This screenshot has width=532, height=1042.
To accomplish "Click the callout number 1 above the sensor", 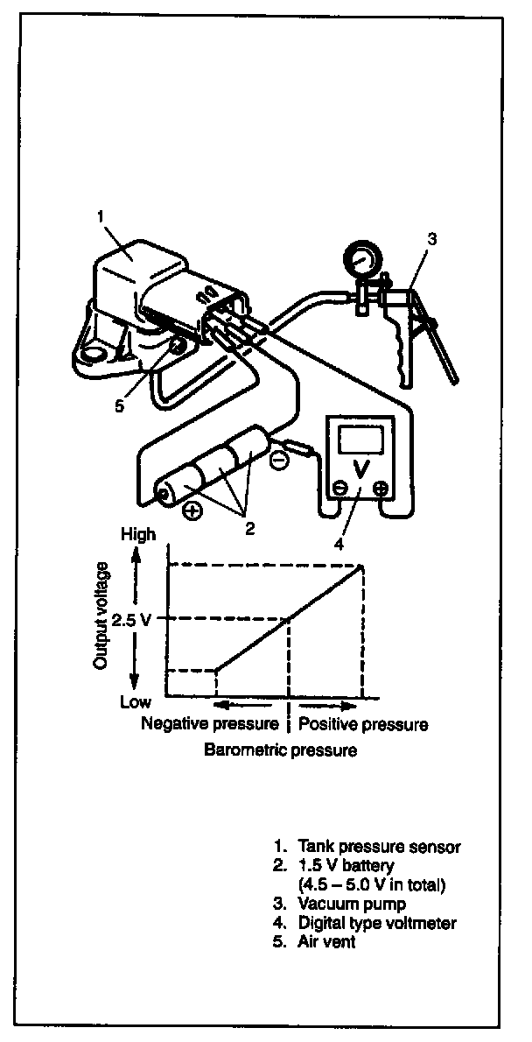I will [101, 215].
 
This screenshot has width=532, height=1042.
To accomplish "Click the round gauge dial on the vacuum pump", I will [361, 260].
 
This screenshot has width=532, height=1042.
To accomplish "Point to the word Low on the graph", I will [136, 701].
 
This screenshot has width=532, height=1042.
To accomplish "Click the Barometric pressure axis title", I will [281, 750].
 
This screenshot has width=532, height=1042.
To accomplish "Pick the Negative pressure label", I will [210, 725].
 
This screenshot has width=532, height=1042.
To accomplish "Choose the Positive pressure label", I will [363, 725].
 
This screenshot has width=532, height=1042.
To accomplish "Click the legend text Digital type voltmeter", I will [378, 922].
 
